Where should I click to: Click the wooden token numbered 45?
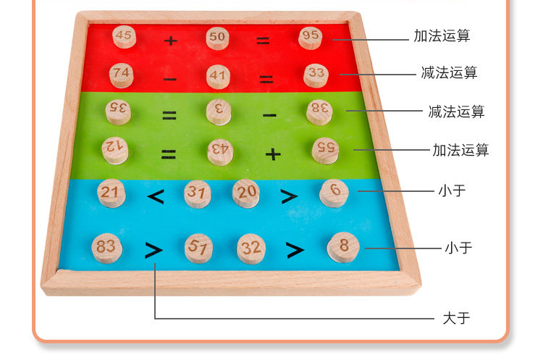pyautogui.click(x=125, y=37)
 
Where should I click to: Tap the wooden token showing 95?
pyautogui.click(x=311, y=37)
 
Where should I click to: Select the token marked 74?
pyautogui.click(x=121, y=75)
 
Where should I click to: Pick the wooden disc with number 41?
pyautogui.click(x=218, y=77)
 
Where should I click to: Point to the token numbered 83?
pyautogui.click(x=106, y=248)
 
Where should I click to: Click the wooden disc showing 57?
pyautogui.click(x=198, y=248)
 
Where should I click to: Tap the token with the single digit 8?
pyautogui.click(x=343, y=248)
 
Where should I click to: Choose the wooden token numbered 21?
pyautogui.click(x=111, y=193)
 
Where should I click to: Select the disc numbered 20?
pyautogui.click(x=246, y=193)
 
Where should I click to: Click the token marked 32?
pyautogui.click(x=251, y=248)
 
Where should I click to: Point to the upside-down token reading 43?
pyautogui.click(x=220, y=152)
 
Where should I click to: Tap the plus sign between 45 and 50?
pyautogui.click(x=170, y=41)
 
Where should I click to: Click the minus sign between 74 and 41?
pyautogui.click(x=170, y=80)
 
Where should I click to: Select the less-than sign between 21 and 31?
pyautogui.click(x=156, y=197)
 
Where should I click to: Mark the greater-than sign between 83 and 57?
pyautogui.click(x=153, y=250)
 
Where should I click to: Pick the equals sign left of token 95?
pyautogui.click(x=263, y=41)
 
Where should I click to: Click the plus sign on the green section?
pyautogui.click(x=273, y=154)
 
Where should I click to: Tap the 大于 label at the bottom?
pyautogui.click(x=456, y=318)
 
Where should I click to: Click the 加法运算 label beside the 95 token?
pyautogui.click(x=442, y=35)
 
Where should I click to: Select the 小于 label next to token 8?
pyautogui.click(x=458, y=248)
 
